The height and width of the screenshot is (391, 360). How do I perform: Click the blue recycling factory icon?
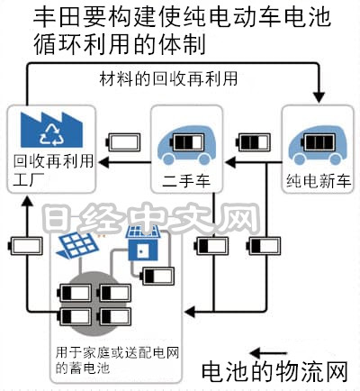point(51,130)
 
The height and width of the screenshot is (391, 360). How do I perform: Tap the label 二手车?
point(186,181)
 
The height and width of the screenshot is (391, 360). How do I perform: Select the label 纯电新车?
point(319,180)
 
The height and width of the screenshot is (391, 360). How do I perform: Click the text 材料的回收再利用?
point(168,78)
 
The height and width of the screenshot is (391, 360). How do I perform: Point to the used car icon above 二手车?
point(187,145)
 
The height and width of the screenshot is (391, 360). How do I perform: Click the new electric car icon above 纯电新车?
point(318,145)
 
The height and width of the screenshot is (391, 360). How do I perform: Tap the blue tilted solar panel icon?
point(77,245)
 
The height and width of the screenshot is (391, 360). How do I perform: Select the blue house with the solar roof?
point(143,242)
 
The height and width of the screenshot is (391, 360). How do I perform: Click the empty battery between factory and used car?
point(123,142)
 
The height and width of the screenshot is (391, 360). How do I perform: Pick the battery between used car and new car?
point(254,142)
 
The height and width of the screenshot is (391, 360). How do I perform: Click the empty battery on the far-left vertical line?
point(25,246)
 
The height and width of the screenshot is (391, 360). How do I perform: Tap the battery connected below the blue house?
point(157,276)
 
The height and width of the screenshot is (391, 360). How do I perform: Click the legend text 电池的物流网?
point(274,372)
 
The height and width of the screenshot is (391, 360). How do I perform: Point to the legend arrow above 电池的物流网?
point(268,353)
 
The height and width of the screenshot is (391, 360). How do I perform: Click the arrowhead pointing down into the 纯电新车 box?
point(319,97)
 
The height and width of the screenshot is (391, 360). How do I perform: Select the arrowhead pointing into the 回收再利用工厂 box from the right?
point(104,162)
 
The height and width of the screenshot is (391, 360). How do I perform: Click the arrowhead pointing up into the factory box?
point(28,201)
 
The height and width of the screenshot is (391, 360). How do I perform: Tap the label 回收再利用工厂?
point(53,170)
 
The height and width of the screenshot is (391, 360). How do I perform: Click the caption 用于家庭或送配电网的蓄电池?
point(117,359)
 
